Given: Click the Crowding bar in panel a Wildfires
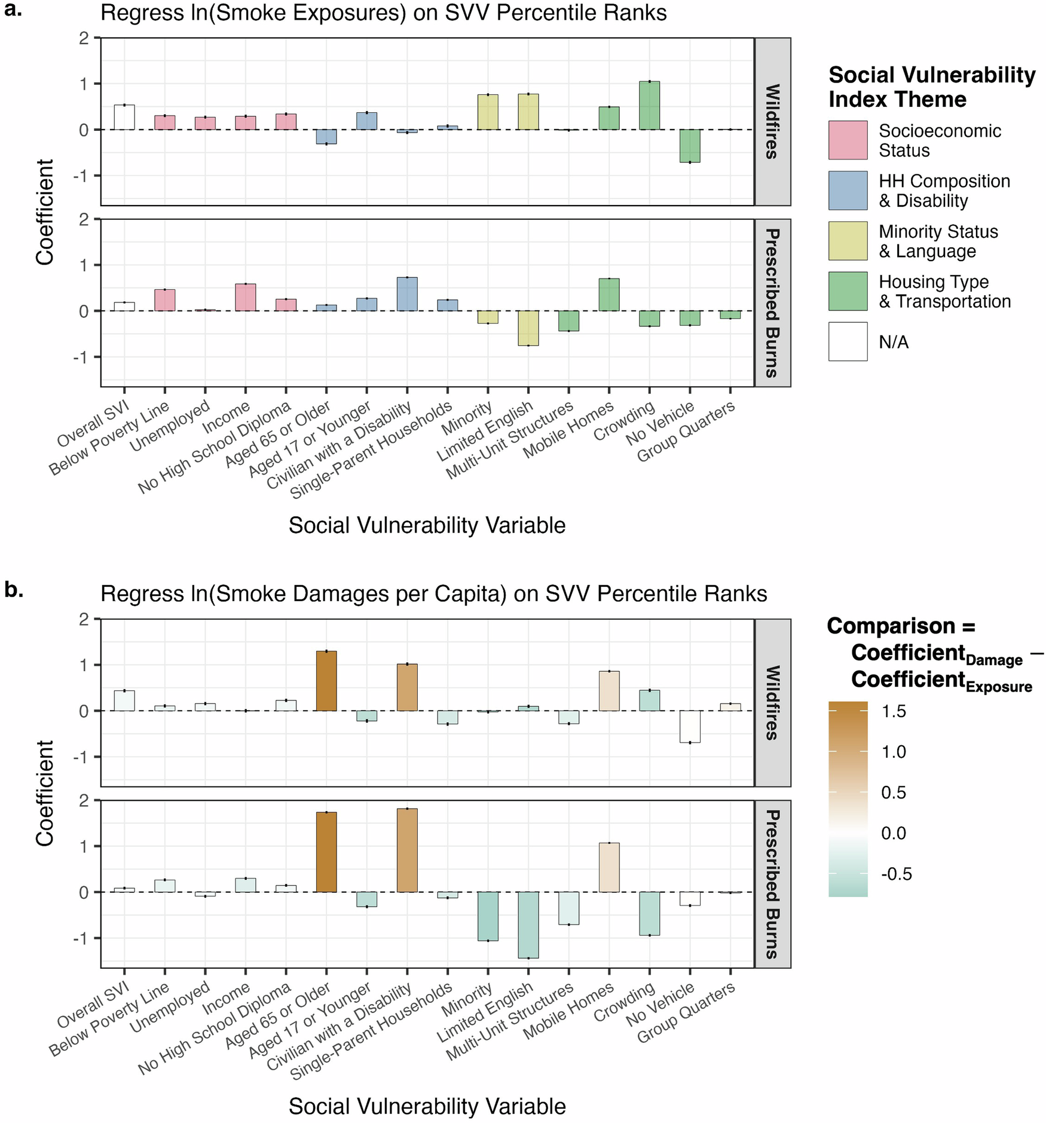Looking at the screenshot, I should pyautogui.click(x=649, y=106).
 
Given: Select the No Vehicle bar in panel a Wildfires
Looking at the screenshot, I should pyautogui.click(x=690, y=146).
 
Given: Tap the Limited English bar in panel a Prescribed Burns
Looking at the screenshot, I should pyautogui.click(x=528, y=328).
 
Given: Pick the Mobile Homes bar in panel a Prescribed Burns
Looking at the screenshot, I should pyautogui.click(x=608, y=295).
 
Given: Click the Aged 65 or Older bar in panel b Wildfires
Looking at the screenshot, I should pyautogui.click(x=326, y=681).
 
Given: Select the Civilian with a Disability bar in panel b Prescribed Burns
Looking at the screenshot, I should pyautogui.click(x=407, y=850).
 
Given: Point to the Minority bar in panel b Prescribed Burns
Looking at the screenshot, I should pyautogui.click(x=488, y=916).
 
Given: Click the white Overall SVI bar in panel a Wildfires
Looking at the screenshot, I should pyautogui.click(x=124, y=117).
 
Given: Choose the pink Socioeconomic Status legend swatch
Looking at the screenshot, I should pyautogui.click(x=847, y=140).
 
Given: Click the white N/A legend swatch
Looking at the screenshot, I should pyautogui.click(x=847, y=342).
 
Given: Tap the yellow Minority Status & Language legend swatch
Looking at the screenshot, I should pyautogui.click(x=847, y=241).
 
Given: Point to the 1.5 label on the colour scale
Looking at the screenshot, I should pyautogui.click(x=894, y=711).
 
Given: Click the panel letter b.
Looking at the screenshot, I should pyautogui.click(x=13, y=590).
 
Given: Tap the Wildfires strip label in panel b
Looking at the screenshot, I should pyautogui.click(x=772, y=703).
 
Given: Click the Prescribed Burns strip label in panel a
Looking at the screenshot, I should pyautogui.click(x=772, y=303).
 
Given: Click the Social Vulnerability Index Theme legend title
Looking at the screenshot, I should pyautogui.click(x=931, y=87).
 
